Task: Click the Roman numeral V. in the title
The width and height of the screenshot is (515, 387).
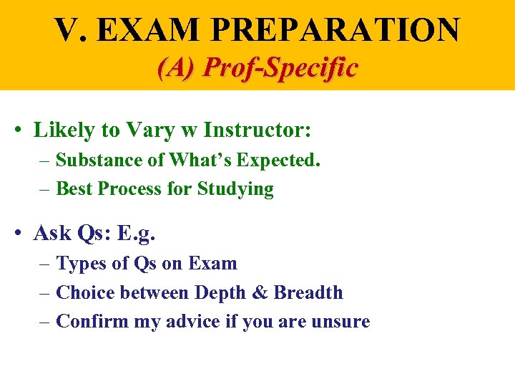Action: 70,30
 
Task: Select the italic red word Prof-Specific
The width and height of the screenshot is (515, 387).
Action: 280,68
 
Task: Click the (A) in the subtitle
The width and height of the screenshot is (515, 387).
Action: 177,68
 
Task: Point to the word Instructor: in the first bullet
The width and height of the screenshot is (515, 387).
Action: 257,130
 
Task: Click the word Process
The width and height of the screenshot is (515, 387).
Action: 137,189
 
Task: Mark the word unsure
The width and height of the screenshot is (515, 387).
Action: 340,322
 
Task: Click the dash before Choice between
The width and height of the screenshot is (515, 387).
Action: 44,293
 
